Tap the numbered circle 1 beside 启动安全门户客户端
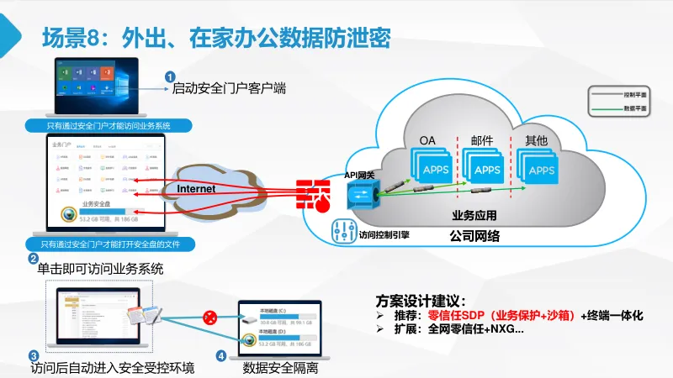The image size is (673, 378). click(169, 76)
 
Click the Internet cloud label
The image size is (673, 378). click(196, 189)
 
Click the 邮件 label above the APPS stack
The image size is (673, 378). click(482, 139)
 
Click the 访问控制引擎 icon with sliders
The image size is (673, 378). click(342, 231)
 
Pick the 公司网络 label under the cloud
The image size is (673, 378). click(475, 237)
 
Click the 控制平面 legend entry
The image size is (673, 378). click(617, 95)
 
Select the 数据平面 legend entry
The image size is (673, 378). click(617, 109)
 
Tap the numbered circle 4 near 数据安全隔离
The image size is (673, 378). click(220, 355)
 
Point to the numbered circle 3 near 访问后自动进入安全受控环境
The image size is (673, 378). click(33, 355)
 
